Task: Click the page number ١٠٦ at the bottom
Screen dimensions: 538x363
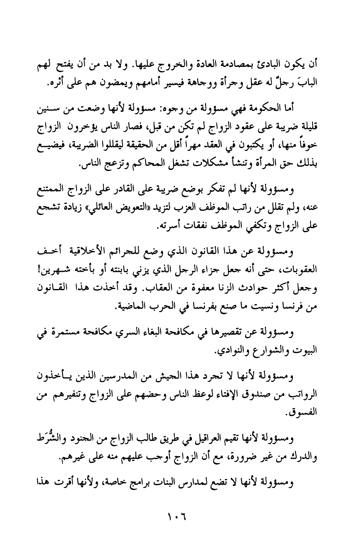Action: click(176, 514)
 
